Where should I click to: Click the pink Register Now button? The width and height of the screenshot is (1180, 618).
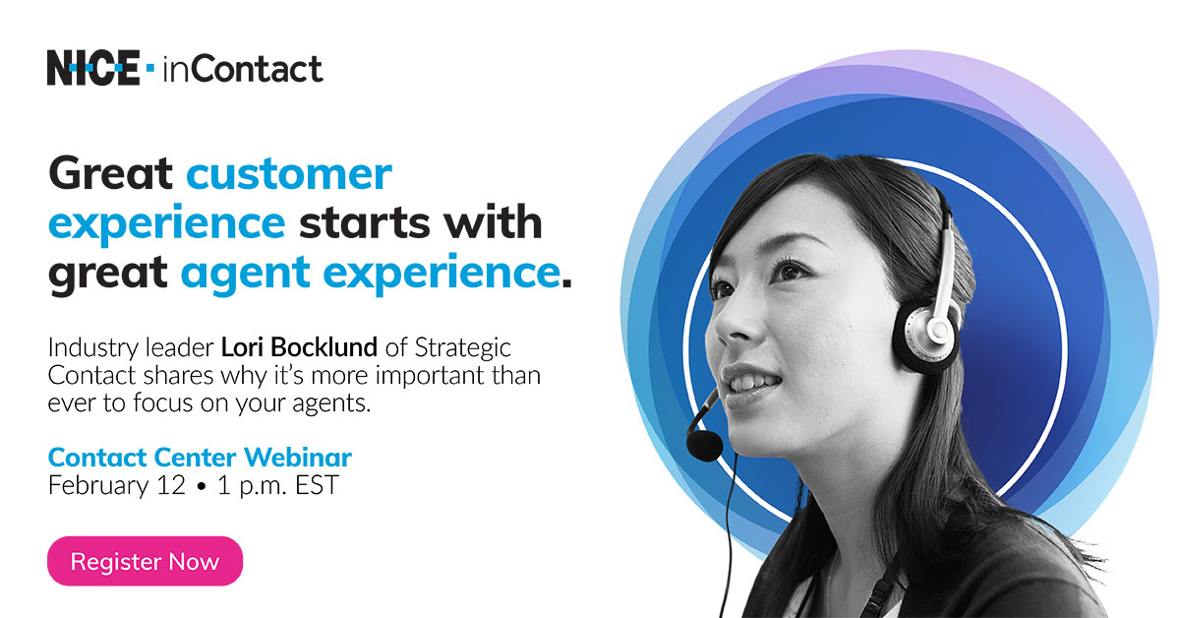(x=145, y=561)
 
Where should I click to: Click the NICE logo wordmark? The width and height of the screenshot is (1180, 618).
(x=93, y=68)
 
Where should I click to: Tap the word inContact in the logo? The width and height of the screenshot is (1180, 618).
(x=242, y=69)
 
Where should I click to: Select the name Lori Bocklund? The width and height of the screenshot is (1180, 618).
(x=299, y=347)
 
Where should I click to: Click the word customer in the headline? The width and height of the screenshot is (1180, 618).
(x=289, y=173)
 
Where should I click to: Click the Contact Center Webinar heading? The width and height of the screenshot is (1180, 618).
(x=200, y=458)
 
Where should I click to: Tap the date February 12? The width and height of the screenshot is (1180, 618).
(x=116, y=486)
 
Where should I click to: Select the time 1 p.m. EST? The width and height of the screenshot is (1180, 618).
(x=277, y=486)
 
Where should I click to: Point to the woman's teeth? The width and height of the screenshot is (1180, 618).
(x=753, y=382)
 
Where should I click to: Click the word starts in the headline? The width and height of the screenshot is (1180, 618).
(x=364, y=223)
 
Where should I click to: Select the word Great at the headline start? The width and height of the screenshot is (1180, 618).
(x=110, y=172)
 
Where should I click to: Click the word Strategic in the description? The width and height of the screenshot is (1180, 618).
(x=462, y=348)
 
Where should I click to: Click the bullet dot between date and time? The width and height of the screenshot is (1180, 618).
(x=202, y=487)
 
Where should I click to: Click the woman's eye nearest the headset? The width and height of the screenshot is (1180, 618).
(x=792, y=271)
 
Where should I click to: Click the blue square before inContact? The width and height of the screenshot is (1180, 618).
(x=150, y=68)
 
